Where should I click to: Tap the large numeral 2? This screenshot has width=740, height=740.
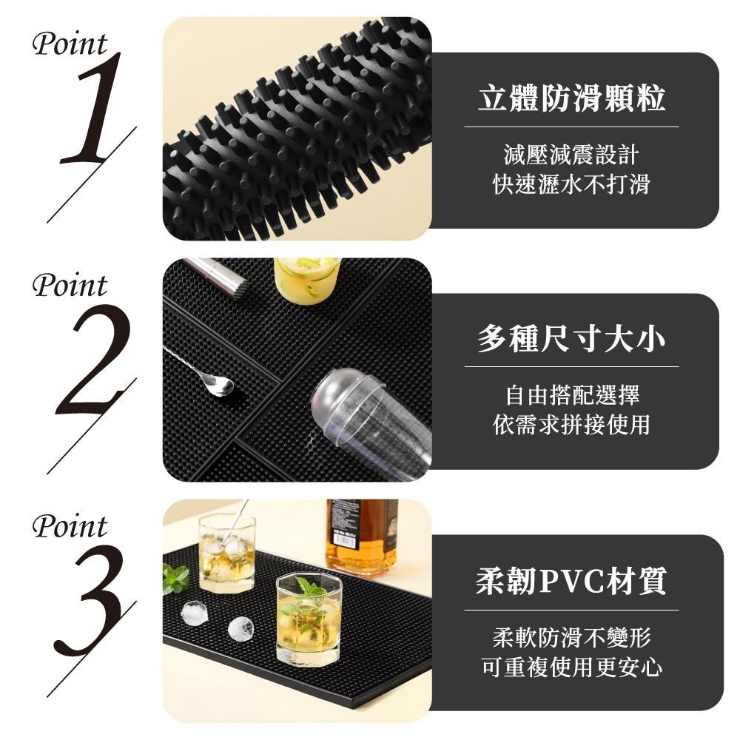[x=92, y=359]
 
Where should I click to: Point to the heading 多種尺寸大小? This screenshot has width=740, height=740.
[x=571, y=340]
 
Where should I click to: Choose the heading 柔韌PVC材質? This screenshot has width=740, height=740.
[x=571, y=582]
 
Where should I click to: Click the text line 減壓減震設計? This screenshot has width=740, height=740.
[x=571, y=155]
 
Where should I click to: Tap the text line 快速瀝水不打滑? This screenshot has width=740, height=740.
[x=571, y=184]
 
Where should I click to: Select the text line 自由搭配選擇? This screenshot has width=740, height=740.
[x=571, y=395]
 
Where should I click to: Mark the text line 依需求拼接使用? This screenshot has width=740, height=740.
[x=571, y=425]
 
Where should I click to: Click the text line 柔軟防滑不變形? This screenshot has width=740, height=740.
[x=571, y=637]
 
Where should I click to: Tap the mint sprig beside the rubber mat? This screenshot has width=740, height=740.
[x=175, y=578]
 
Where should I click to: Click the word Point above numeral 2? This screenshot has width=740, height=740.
[x=70, y=286]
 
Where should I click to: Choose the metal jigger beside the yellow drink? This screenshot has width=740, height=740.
[x=218, y=276]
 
